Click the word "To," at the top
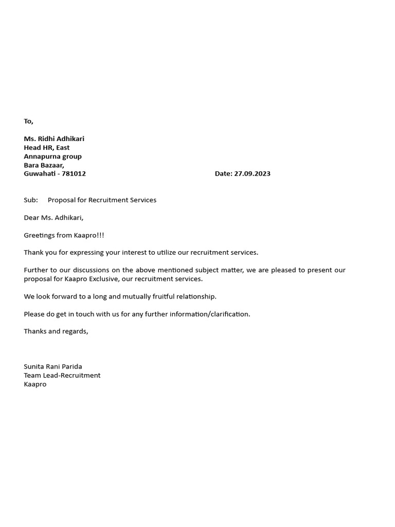click(28, 121)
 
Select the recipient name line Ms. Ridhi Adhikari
click(54, 139)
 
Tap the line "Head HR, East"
click(47, 148)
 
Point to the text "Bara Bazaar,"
click(44, 165)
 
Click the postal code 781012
click(74, 174)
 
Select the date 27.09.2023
click(252, 174)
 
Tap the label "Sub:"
click(31, 200)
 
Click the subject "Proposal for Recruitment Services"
click(102, 200)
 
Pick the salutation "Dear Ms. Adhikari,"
click(53, 218)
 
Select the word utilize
click(159, 253)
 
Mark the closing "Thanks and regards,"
click(56, 331)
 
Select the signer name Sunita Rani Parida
click(53, 367)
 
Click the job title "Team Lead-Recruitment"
click(62, 376)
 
